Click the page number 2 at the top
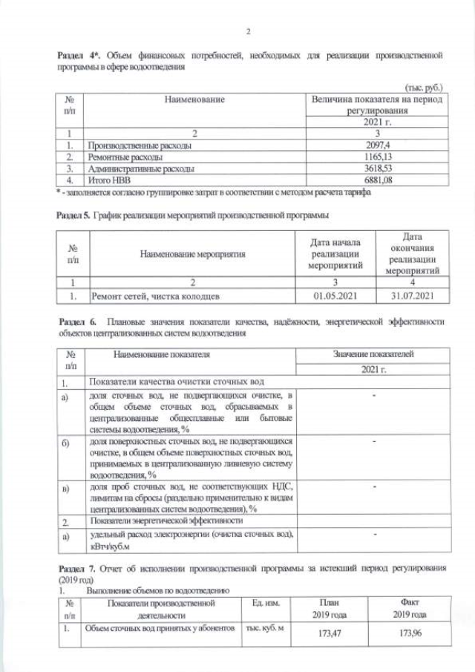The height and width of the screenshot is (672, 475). tap(249, 31)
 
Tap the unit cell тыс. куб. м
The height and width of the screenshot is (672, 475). tap(266, 627)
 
